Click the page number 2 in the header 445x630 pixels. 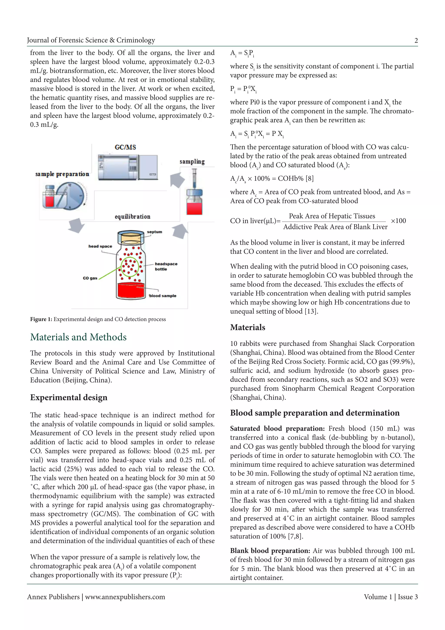[416, 41]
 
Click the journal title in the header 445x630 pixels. [91, 40]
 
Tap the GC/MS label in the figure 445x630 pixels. [125, 147]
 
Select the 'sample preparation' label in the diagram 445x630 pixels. [62, 174]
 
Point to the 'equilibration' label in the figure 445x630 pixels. [132, 217]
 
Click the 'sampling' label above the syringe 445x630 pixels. [192, 162]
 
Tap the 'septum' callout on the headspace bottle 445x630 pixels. [154, 232]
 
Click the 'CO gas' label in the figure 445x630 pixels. [90, 278]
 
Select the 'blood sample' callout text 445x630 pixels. [163, 296]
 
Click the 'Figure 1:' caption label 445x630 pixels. [41, 319]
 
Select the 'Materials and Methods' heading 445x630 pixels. [78, 337]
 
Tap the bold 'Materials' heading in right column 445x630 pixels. [247, 327]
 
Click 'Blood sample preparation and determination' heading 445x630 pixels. [315, 413]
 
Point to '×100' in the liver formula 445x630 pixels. [398, 221]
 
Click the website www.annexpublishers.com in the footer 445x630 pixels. [125, 597]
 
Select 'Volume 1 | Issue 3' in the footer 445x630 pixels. [390, 597]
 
